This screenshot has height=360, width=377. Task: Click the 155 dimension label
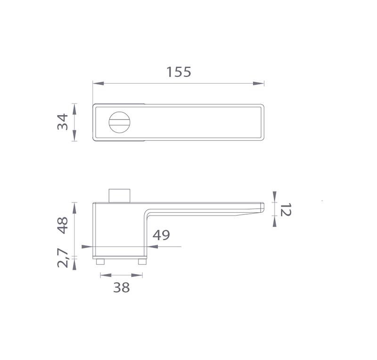[x=179, y=72]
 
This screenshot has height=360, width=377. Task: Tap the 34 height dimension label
[x=63, y=122]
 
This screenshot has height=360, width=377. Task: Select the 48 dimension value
[x=63, y=226]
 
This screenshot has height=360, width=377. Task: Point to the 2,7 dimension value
[x=63, y=258]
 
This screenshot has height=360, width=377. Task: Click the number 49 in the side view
[x=161, y=235]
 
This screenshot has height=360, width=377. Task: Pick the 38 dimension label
[x=122, y=287]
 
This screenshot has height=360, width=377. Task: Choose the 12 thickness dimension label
[x=286, y=209]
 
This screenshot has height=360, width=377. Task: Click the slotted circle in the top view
[x=120, y=122]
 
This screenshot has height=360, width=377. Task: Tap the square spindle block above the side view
[x=120, y=196]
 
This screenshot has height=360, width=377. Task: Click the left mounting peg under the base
[x=100, y=262]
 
